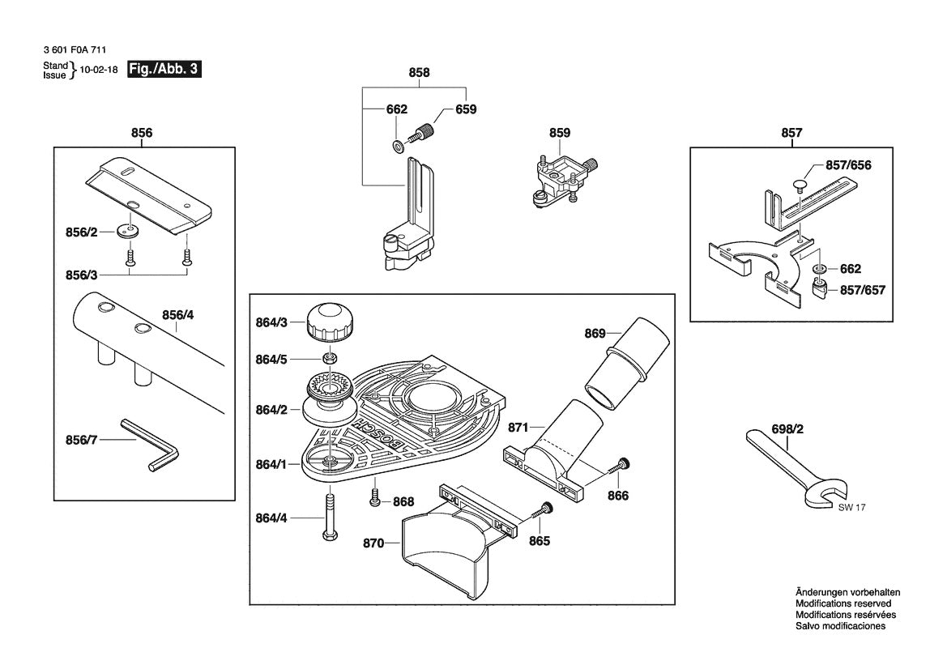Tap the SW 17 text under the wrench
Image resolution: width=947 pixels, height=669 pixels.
pos(846,508)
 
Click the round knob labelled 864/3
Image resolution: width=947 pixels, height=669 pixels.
pos(329,323)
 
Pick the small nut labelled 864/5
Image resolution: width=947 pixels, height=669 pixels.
pos(331,358)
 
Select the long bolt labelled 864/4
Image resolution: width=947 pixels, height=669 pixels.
pos(330,518)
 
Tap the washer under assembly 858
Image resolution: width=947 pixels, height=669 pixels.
pos(397,146)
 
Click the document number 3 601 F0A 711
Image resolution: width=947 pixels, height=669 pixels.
pos(75,50)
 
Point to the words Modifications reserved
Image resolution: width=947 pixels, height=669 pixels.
pos(842,603)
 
